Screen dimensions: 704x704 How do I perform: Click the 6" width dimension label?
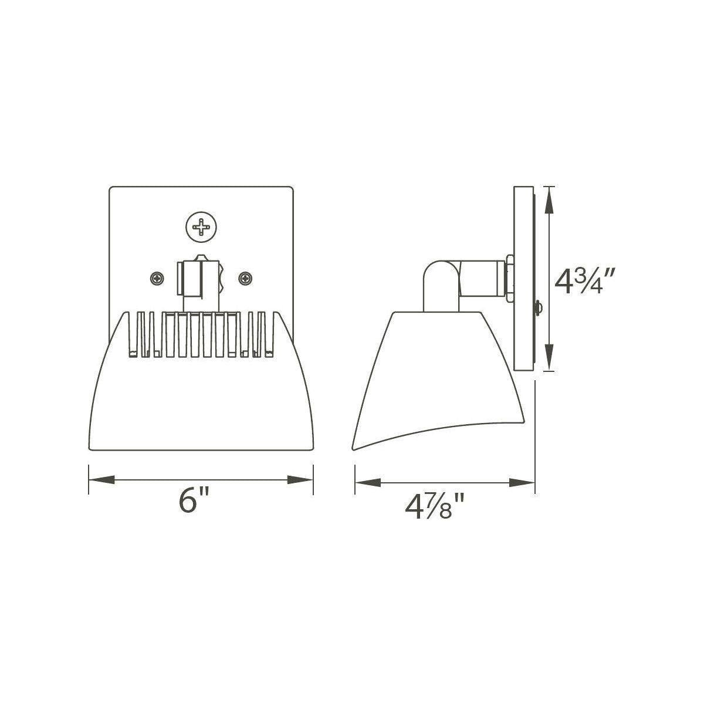(194, 500)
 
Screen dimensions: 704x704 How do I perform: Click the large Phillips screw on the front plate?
(201, 227)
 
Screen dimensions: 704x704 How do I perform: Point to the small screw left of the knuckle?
(157, 279)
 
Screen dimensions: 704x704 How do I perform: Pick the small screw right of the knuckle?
(245, 279)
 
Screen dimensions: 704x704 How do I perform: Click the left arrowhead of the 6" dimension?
(101, 480)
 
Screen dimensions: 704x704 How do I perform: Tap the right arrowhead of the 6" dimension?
(300, 480)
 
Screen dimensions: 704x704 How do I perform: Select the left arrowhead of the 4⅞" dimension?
(368, 483)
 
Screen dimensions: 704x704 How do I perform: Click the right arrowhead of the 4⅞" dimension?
(522, 483)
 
